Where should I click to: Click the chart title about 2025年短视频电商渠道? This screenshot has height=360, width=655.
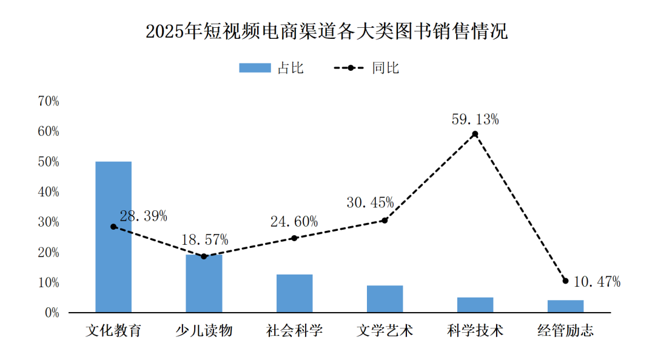(x=327, y=32)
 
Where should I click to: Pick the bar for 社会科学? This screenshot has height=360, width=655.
(x=294, y=293)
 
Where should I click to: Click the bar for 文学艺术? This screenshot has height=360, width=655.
(x=385, y=299)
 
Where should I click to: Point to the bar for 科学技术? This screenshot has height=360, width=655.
(x=475, y=305)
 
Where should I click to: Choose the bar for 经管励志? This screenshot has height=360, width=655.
(x=565, y=306)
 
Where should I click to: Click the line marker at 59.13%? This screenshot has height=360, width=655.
(x=475, y=134)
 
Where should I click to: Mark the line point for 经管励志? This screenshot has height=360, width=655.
(x=565, y=281)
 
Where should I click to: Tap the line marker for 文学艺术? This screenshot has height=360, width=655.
(x=385, y=221)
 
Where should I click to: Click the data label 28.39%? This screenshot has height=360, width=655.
(x=143, y=216)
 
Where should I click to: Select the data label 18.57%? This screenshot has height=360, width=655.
(x=204, y=239)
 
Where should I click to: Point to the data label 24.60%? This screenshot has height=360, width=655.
(x=294, y=222)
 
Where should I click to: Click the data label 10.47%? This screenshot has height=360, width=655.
(x=596, y=281)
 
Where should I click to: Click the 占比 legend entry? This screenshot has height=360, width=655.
(x=271, y=68)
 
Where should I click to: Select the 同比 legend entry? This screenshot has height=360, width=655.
(x=367, y=68)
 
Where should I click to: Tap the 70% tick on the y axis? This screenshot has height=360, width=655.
(x=49, y=101)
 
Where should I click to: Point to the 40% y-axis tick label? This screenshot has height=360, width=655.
(x=49, y=192)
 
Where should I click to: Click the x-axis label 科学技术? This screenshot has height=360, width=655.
(x=475, y=331)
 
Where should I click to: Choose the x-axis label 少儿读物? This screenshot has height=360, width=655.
(x=204, y=331)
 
